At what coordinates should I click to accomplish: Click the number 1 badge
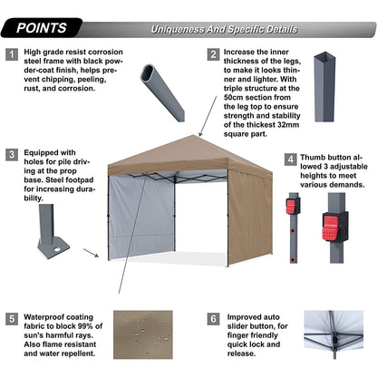pos(12,55)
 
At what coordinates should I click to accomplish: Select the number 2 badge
pos(214,55)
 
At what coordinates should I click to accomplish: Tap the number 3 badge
pos(12,154)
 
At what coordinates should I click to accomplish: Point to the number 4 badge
pos(290,159)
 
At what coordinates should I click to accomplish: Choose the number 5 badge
pos(12,319)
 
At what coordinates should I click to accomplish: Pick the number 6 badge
pos(214,319)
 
